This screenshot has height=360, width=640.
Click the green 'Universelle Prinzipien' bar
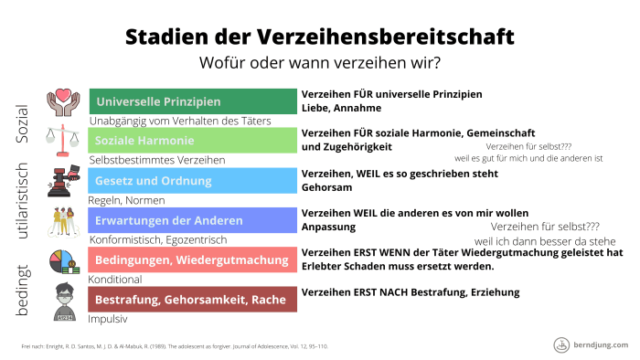(192, 101)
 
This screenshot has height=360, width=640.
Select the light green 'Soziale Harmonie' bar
(192, 141)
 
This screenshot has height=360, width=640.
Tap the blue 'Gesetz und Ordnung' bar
(192, 180)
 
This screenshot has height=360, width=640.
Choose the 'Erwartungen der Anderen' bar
(192, 220)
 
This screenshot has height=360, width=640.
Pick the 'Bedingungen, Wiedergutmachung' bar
(192, 259)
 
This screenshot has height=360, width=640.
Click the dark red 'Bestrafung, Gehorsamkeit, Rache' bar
(192, 299)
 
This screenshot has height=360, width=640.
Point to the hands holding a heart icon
(65, 101)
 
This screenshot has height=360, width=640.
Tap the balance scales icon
(65, 140)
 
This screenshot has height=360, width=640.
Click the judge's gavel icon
(65, 181)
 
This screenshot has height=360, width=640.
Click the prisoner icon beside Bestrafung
(65, 300)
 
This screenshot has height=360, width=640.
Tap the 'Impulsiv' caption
(107, 320)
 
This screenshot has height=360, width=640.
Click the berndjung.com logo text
(603, 344)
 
